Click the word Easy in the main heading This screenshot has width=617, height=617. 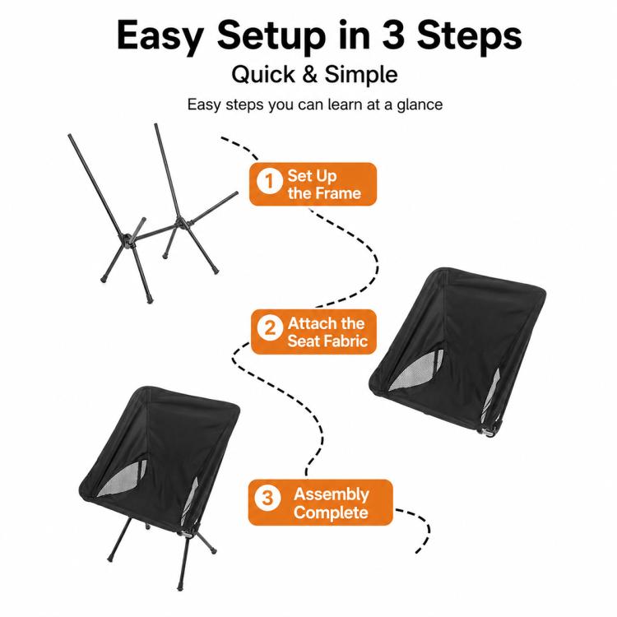pyautogui.click(x=160, y=36)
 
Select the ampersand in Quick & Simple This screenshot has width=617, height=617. pyautogui.click(x=310, y=74)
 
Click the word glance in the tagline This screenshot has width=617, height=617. pyautogui.click(x=420, y=105)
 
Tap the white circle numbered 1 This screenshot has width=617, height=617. pyautogui.click(x=270, y=181)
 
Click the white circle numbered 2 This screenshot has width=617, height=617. pyautogui.click(x=270, y=327)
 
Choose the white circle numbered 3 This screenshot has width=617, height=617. pyautogui.click(x=267, y=498)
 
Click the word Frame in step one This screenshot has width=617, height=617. pyautogui.click(x=338, y=193)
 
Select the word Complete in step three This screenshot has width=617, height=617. pyautogui.click(x=331, y=513)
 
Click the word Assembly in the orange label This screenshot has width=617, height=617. pyautogui.click(x=332, y=494)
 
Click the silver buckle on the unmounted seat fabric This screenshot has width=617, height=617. pyautogui.click(x=488, y=432)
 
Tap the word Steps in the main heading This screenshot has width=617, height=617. pyautogui.click(x=470, y=36)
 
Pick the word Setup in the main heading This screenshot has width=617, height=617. pyautogui.click(x=271, y=36)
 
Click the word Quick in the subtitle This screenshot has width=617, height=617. pyautogui.click(x=263, y=74)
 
